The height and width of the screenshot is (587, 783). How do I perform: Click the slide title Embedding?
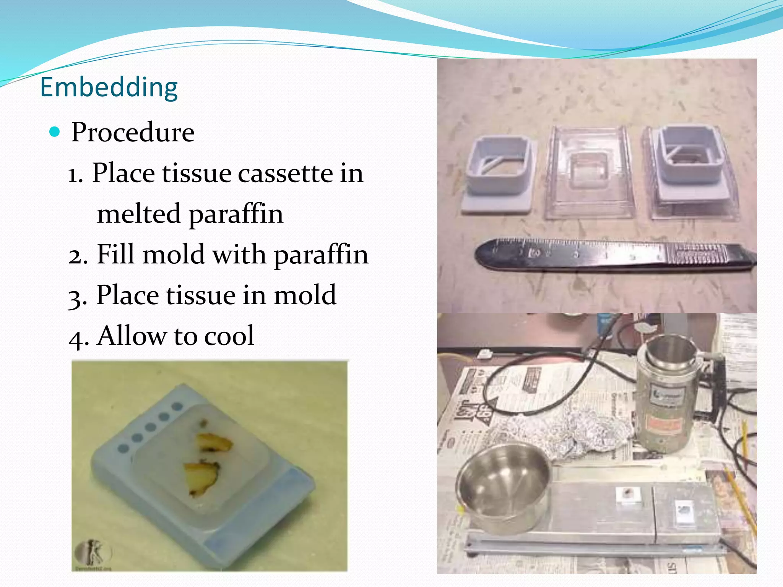109,88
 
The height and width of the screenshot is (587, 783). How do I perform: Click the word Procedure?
133,132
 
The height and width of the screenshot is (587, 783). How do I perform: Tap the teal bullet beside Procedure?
55,132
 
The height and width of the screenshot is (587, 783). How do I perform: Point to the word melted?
138,214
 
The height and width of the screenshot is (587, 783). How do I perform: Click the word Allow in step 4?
132,336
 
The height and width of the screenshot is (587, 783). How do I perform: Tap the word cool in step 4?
229,336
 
